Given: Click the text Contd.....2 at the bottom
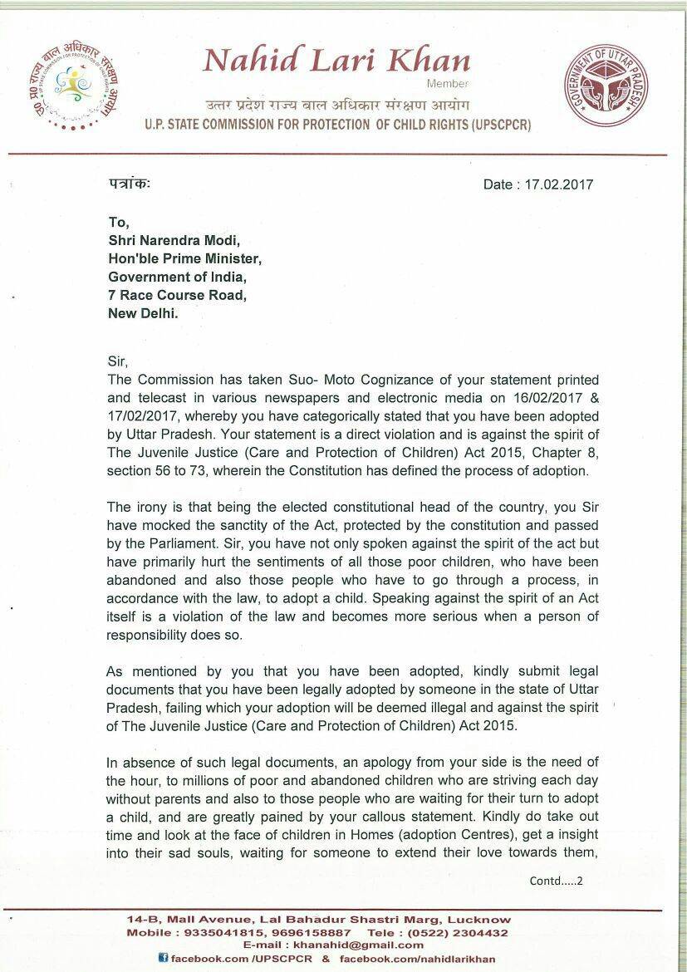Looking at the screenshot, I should tap(556, 881).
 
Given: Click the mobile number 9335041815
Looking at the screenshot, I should tap(210, 933).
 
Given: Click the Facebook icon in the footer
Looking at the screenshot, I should tap(163, 959).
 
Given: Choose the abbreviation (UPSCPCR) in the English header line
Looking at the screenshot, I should tap(482, 125).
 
